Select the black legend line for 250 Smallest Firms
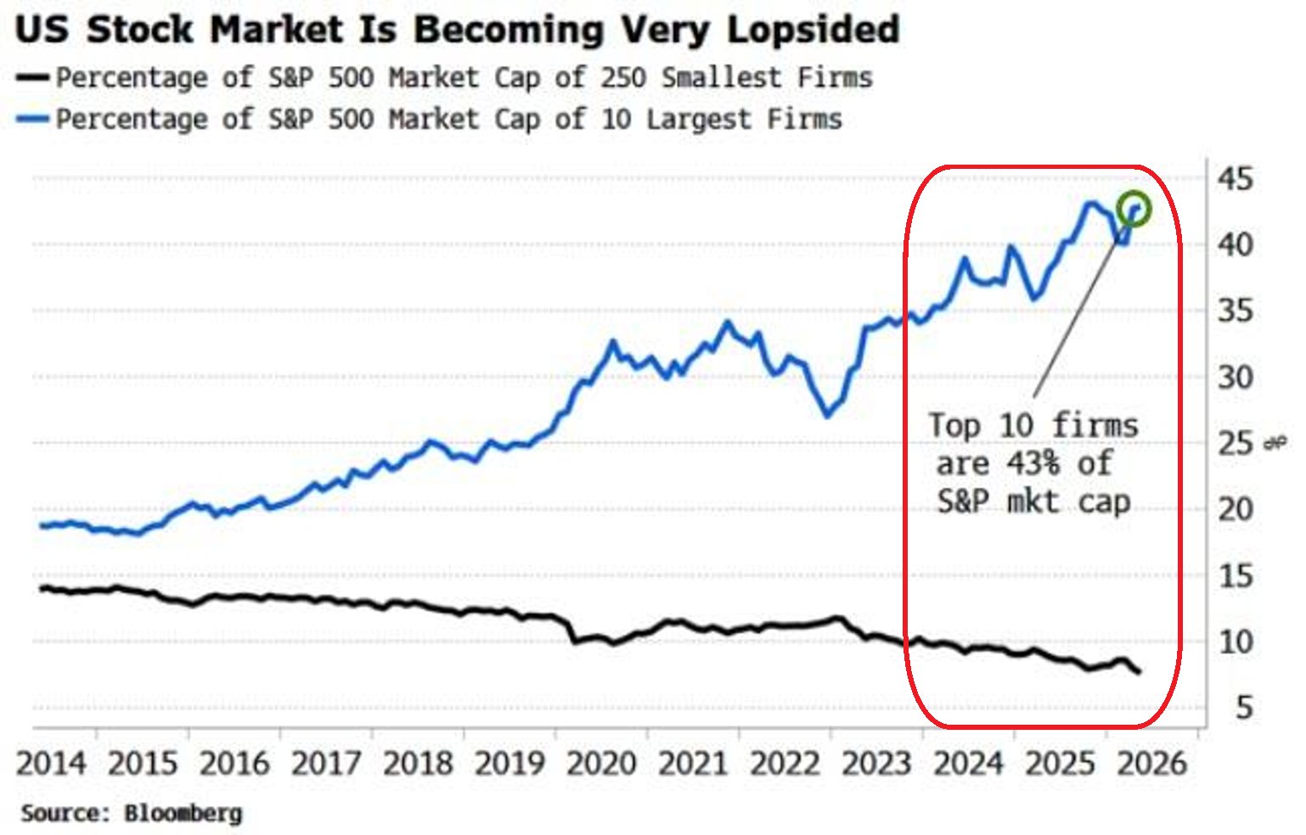(32, 77)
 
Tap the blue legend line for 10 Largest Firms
(32, 119)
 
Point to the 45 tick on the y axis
(1235, 178)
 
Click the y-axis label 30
(1235, 378)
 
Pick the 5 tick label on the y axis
(1244, 708)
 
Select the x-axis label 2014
(51, 764)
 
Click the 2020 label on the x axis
(601, 764)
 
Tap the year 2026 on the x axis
(1151, 764)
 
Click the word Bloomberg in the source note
(183, 814)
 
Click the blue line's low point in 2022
(827, 415)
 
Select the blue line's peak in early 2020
(612, 342)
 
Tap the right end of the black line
(1139, 672)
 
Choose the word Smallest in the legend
(722, 77)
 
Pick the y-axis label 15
(1235, 576)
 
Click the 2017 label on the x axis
(326, 764)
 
